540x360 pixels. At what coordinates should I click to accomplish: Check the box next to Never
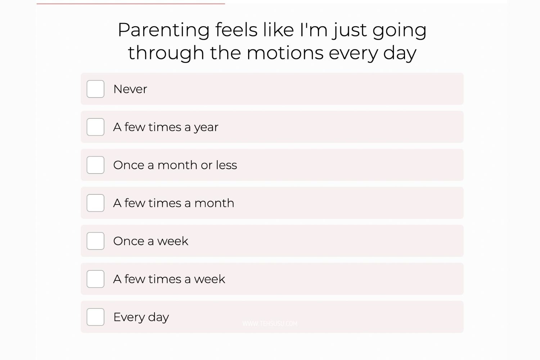point(95,89)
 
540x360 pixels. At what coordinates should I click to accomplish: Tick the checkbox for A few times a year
point(95,127)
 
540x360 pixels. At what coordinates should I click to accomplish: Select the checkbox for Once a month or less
point(95,165)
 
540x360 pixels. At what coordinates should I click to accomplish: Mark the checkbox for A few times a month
point(95,203)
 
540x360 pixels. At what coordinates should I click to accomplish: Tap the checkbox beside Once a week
point(95,241)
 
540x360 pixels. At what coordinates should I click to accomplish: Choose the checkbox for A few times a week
point(95,279)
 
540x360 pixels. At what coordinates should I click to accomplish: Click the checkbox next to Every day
point(95,317)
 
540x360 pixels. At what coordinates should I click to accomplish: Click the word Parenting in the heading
point(164,31)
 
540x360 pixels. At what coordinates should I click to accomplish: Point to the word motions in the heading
point(285,53)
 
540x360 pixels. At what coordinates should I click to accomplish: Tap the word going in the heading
point(400,31)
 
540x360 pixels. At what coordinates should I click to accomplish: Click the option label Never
point(130,89)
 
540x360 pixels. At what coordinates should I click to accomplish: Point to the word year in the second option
point(206,127)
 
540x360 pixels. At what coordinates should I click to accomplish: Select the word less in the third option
point(226,165)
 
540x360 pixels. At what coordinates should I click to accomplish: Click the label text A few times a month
point(174,203)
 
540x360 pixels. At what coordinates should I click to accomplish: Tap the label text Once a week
point(151,241)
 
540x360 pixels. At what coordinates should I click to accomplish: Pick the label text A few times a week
point(169,279)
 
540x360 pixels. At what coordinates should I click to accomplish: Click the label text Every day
point(141,317)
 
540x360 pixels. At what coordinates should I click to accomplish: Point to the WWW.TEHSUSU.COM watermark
point(270,324)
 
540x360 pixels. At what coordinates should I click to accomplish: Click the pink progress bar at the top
point(131,4)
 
